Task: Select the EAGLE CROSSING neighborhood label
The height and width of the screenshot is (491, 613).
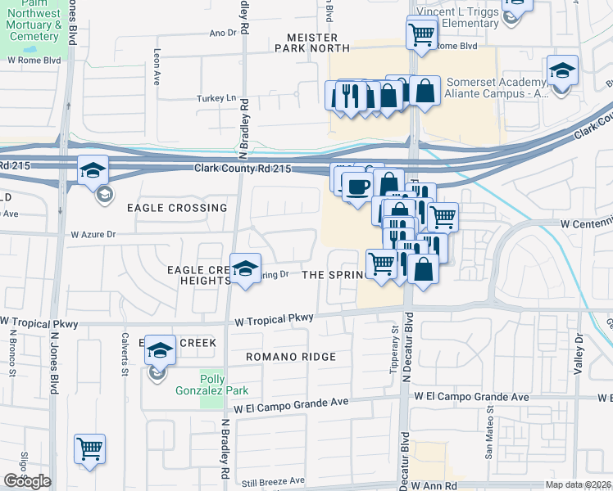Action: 177,208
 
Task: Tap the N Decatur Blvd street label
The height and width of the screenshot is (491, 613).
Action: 405,357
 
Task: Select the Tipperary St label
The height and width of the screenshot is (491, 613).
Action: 393,339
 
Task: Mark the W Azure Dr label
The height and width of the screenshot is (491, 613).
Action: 95,234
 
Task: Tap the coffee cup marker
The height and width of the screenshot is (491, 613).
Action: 356,187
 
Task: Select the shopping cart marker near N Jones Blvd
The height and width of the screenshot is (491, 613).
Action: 89,448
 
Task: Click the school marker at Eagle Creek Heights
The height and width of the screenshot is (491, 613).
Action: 244,268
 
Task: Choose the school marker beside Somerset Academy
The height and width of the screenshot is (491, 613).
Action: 562,70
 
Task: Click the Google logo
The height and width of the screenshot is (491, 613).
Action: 27,481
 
